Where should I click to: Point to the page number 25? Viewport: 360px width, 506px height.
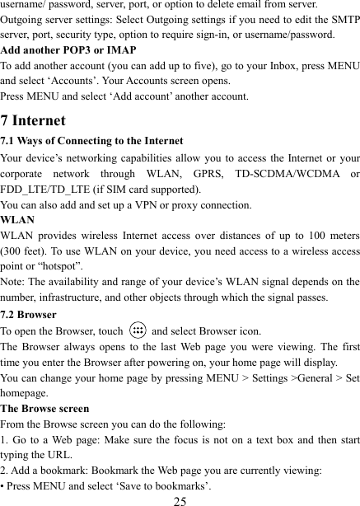(x=180, y=499)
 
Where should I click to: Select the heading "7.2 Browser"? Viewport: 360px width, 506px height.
(x=29, y=314)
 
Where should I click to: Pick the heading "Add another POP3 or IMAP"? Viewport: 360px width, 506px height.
(x=68, y=49)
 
